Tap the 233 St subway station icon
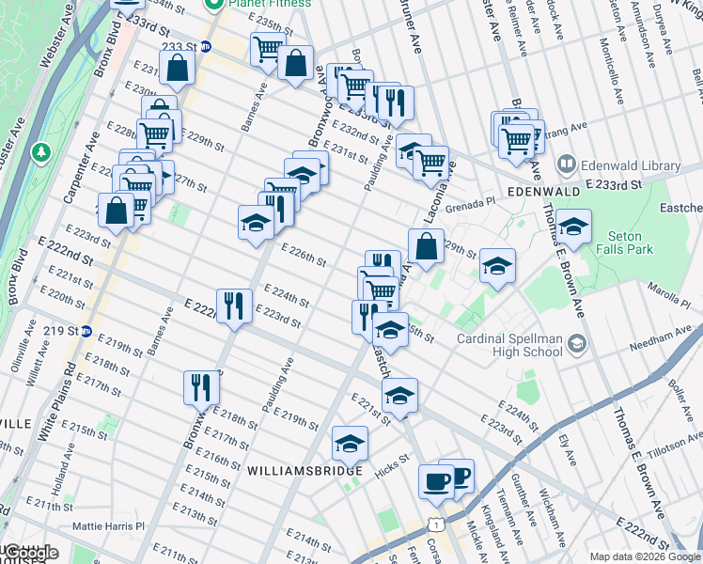(x=205, y=46)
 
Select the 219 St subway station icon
(x=86, y=331)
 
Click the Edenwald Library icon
(x=566, y=164)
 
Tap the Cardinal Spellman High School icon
(x=576, y=345)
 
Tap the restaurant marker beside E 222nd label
(x=234, y=305)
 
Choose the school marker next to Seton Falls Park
(x=573, y=226)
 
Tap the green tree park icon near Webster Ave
(x=41, y=151)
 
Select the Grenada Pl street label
(x=470, y=205)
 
